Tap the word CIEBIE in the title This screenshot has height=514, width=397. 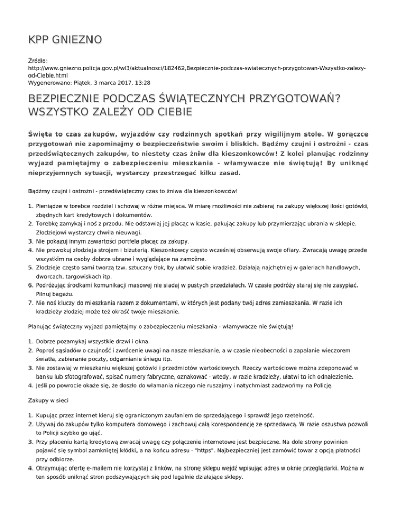click(x=169, y=112)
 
